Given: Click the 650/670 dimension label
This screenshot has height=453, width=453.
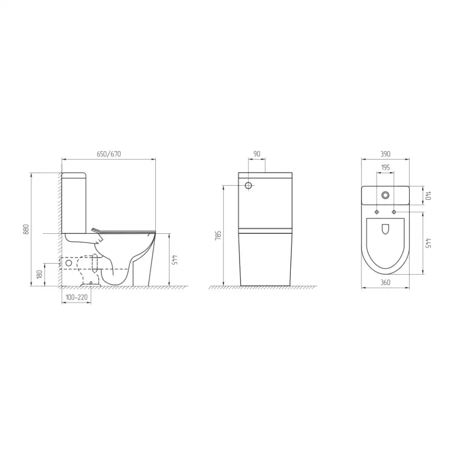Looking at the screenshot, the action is (x=109, y=154).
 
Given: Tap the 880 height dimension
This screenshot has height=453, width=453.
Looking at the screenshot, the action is (x=26, y=229).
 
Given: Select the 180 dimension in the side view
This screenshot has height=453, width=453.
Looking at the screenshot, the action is (x=40, y=274).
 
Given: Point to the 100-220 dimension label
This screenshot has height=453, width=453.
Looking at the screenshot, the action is (x=76, y=297).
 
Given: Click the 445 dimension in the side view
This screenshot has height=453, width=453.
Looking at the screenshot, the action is (x=174, y=260).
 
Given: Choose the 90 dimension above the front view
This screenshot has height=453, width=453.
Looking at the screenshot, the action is (x=257, y=154).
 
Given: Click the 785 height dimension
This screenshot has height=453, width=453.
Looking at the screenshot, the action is (x=219, y=235).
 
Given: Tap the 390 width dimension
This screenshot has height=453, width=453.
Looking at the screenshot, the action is (x=386, y=154).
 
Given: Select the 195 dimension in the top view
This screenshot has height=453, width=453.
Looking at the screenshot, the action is (x=386, y=167).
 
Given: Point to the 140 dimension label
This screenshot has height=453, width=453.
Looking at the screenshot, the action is (x=428, y=196).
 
